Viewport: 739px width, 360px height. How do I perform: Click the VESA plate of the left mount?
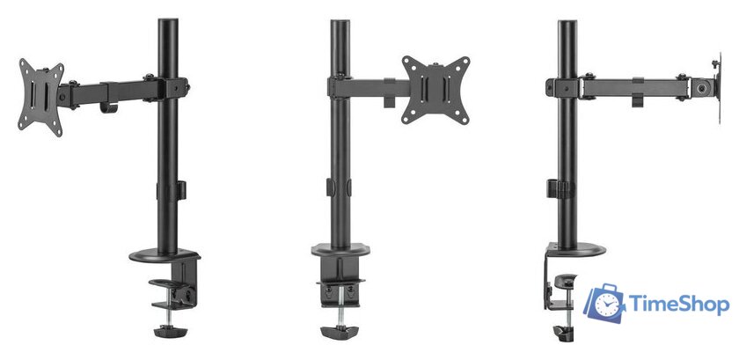[40, 98]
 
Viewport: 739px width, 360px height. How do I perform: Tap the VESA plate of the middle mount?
[436, 90]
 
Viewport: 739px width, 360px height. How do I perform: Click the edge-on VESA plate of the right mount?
[718, 88]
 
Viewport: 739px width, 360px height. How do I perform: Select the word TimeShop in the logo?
[679, 305]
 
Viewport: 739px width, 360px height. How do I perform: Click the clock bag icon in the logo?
[604, 304]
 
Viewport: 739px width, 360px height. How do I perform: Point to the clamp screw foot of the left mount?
[170, 331]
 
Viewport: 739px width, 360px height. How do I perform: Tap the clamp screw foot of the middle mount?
[340, 332]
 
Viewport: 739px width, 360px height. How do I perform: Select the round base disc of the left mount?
[165, 256]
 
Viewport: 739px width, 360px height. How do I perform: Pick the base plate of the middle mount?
[340, 250]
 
